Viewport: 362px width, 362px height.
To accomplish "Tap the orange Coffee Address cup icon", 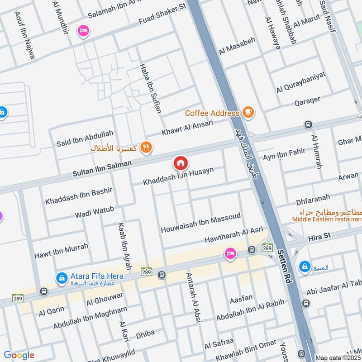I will pyautogui.click(x=248, y=111).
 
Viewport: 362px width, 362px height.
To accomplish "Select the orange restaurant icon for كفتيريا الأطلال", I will pyautogui.click(x=146, y=147).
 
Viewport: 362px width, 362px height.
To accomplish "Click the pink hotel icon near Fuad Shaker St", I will pyautogui.click(x=84, y=31).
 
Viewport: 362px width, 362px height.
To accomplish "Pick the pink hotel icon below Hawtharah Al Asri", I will pyautogui.click(x=230, y=254).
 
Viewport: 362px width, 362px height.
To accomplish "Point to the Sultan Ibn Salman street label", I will pyautogui.click(x=102, y=168).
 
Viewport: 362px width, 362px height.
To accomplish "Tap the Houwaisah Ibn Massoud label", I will pyautogui.click(x=200, y=224).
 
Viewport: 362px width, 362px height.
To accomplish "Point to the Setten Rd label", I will pyautogui.click(x=284, y=267).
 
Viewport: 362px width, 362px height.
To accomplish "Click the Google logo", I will pyautogui.click(x=19, y=355).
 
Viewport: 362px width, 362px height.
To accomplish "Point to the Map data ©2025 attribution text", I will pyautogui.click(x=338, y=357).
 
